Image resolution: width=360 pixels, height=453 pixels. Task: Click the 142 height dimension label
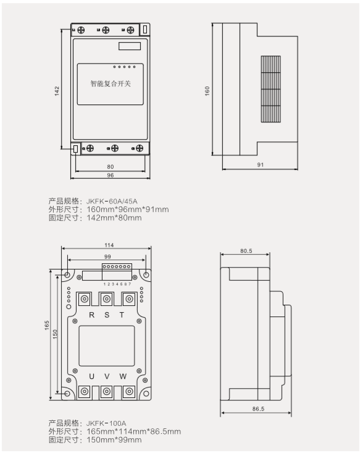coord(57,91)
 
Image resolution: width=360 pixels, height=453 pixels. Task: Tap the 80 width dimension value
coord(111,167)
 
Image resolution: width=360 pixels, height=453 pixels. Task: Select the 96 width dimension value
coord(111,175)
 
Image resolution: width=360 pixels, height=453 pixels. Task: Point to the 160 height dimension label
coord(207,91)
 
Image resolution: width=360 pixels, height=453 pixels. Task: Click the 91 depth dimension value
coord(261,164)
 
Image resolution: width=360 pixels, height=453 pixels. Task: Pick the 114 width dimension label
coord(109,245)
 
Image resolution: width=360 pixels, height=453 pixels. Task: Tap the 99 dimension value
coord(107,256)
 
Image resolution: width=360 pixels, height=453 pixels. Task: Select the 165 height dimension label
coord(47,325)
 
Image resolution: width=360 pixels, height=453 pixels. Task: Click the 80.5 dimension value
coord(246,251)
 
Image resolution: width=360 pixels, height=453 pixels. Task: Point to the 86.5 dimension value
coord(258,409)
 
